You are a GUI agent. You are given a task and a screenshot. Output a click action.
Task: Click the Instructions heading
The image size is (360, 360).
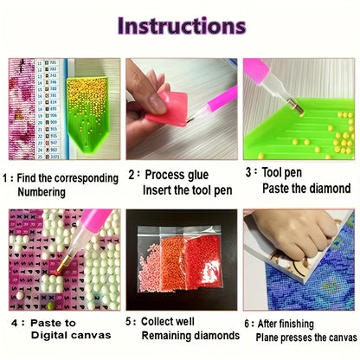(x=181, y=25)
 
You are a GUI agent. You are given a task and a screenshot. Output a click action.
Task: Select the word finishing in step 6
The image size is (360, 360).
(x=312, y=321)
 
